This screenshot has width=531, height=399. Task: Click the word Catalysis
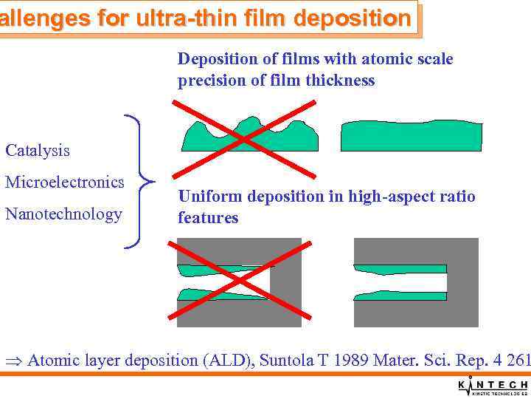point(38,151)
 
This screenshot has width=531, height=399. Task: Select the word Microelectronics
point(65,182)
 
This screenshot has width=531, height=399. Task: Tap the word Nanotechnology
point(63,214)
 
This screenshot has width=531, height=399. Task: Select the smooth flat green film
point(411,137)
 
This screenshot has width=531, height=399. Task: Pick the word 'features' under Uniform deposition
point(207,218)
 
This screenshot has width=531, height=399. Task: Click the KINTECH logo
point(493,386)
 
